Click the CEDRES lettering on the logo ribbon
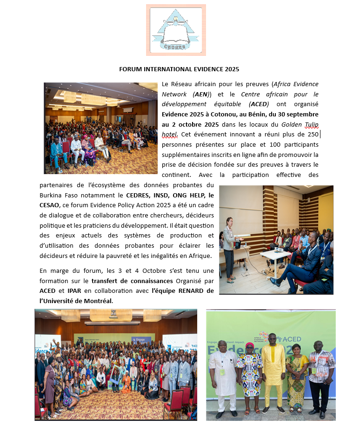pos(175,46)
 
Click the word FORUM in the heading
pos(130,69)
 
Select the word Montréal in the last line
pos(98,301)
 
